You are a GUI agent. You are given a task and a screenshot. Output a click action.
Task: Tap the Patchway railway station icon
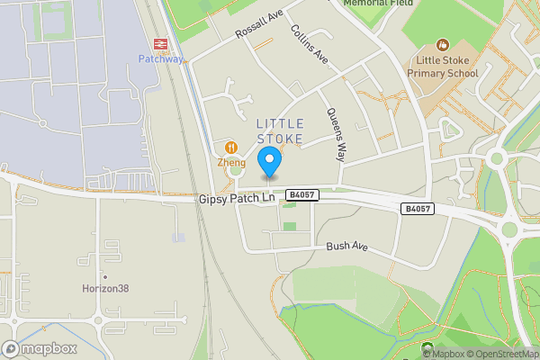tap(161, 43)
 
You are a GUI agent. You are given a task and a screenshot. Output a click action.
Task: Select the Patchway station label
tap(161, 59)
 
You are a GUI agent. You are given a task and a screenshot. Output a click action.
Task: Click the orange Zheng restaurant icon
tap(231, 148)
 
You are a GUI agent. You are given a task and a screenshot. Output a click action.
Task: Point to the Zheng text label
tap(231, 163)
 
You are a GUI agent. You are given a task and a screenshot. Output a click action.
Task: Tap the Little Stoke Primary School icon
tap(442, 44)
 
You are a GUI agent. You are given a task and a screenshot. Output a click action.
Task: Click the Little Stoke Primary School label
tap(442, 67)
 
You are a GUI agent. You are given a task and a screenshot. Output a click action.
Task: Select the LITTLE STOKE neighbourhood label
tap(280, 130)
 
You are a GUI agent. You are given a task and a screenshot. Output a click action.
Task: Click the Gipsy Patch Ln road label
tap(235, 198)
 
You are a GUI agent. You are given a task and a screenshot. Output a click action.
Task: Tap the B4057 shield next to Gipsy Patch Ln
tap(301, 194)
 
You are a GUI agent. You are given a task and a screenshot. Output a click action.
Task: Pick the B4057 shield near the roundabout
tap(417, 209)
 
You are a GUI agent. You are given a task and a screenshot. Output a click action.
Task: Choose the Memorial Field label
tap(378, 4)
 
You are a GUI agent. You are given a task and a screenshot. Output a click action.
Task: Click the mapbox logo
tap(40, 349)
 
